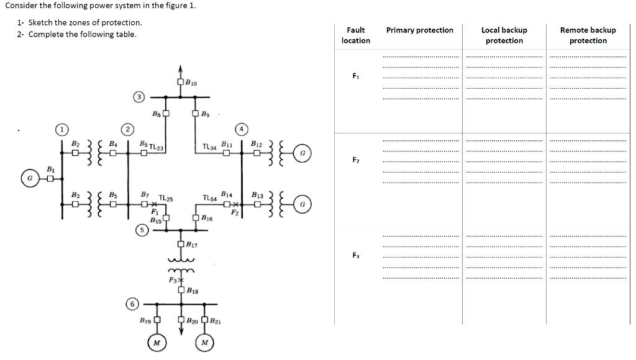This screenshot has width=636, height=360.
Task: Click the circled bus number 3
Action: point(140,96)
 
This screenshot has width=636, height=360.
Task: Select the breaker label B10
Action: point(191,83)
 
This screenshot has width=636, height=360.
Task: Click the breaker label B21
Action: point(215,321)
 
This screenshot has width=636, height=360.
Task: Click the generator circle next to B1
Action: point(29,179)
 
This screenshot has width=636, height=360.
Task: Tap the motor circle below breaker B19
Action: point(157,343)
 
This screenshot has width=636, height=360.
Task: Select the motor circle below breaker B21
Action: point(204,343)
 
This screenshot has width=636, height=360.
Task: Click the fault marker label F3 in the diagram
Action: point(172,281)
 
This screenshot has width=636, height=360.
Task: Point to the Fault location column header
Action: point(356,35)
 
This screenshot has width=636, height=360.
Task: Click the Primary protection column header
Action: point(420,30)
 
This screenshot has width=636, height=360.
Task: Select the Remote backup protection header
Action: point(588,35)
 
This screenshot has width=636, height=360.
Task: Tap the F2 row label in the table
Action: point(356,160)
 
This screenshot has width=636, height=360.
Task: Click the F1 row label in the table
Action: point(356,76)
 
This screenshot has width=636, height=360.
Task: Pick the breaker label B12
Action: point(257,144)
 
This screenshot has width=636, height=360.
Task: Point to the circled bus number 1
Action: point(61,130)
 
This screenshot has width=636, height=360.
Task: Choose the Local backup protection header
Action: point(504,35)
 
